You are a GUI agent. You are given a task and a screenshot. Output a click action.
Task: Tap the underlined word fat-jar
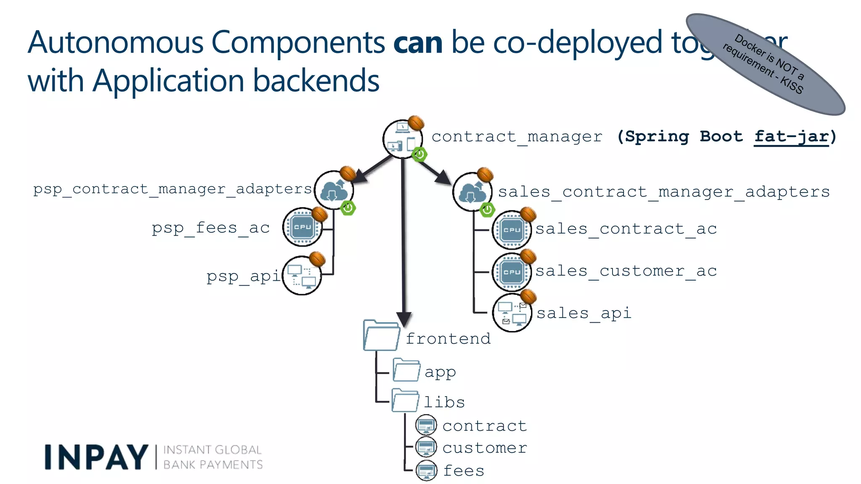coord(791,137)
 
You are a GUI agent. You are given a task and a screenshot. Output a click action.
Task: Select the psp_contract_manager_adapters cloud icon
coord(334,190)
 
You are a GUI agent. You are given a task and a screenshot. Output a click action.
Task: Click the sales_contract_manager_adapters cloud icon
coord(472,192)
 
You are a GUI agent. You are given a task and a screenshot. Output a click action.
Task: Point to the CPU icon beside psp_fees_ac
coord(302,227)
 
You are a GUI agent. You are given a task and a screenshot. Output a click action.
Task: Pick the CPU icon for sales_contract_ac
coord(512,230)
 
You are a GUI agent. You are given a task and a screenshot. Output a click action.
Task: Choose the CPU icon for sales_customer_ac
coord(512,272)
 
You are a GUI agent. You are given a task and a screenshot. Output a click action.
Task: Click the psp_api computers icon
coord(302,276)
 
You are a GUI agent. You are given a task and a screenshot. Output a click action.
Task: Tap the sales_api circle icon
coord(512,313)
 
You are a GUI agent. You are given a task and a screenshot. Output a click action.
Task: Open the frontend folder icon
coord(381,336)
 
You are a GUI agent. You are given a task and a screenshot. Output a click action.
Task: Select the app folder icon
coord(406,370)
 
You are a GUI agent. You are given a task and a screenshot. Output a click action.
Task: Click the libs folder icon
coord(405,400)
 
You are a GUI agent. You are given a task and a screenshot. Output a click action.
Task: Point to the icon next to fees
coord(426,471)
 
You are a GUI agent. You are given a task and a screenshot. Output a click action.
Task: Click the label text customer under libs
coord(484,448)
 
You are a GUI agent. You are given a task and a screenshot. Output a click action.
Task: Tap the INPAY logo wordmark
coord(96,457)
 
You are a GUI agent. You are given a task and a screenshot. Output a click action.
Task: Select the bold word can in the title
coord(418,43)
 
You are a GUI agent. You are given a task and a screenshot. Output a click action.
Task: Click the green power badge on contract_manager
coord(419,154)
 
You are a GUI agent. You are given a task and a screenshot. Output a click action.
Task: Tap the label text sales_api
coord(584,313)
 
